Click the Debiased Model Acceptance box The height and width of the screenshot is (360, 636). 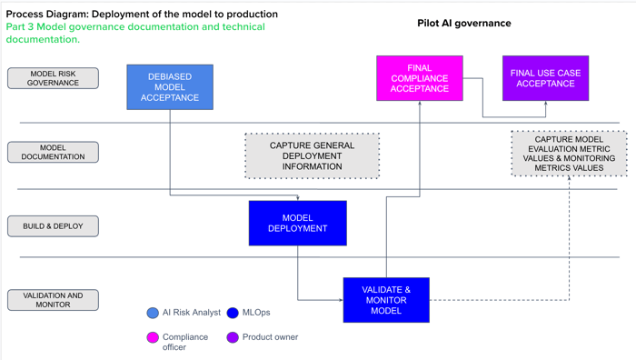(x=170, y=87)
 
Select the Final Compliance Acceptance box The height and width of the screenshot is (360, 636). (x=420, y=78)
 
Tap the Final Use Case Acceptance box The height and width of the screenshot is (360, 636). (x=545, y=78)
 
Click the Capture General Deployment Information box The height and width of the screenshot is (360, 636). (x=312, y=155)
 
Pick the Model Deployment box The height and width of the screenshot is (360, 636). (x=297, y=224)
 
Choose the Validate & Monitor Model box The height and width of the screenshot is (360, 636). (x=386, y=300)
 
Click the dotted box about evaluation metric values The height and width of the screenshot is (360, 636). (x=569, y=153)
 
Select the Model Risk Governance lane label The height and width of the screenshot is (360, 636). (x=53, y=78)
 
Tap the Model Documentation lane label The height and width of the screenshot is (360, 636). (x=53, y=152)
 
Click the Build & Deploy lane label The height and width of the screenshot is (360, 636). (x=53, y=225)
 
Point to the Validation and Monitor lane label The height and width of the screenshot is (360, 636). (x=53, y=300)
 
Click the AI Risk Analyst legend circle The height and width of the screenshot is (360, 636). (x=153, y=313)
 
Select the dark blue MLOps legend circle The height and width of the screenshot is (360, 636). (x=233, y=313)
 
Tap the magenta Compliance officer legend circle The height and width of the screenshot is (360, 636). (x=153, y=337)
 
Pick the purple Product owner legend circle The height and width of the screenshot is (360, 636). (x=233, y=337)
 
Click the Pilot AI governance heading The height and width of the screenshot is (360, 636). (x=463, y=23)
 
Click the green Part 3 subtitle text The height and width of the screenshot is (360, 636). (x=135, y=33)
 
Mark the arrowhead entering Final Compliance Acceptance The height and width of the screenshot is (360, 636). (x=420, y=105)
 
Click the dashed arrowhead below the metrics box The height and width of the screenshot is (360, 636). (x=570, y=179)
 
